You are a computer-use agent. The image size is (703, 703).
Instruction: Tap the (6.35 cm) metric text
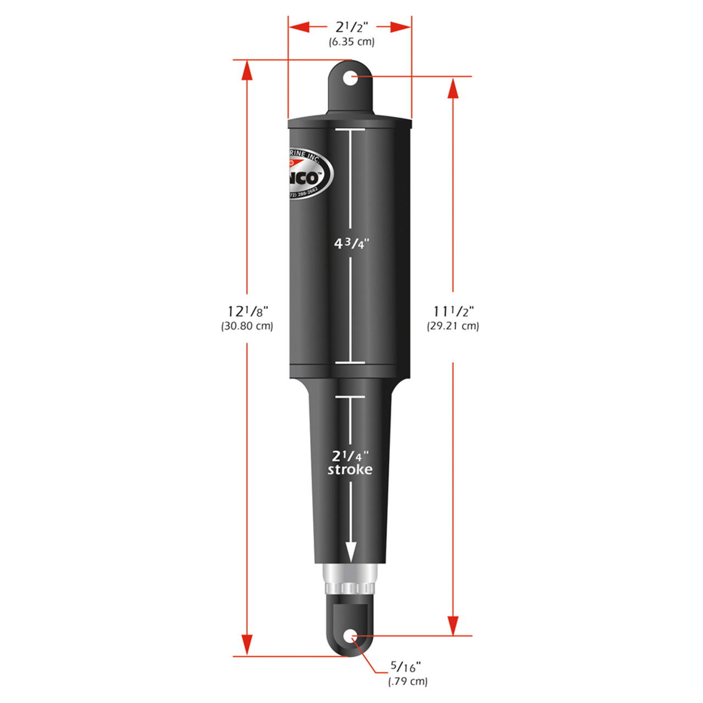pyautogui.click(x=351, y=42)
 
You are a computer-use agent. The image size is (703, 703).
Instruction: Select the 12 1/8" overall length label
pyautogui.click(x=247, y=311)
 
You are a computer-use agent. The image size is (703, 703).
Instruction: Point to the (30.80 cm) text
pyautogui.click(x=247, y=326)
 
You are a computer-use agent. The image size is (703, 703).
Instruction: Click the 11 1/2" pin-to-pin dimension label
pyautogui.click(x=453, y=311)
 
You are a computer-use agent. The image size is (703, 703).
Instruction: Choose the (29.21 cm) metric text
pyautogui.click(x=453, y=326)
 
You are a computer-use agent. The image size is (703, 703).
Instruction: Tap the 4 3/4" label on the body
pyautogui.click(x=351, y=243)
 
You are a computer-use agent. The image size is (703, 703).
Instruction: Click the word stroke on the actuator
pyautogui.click(x=350, y=470)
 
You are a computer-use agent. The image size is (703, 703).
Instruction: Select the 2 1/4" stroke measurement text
pyautogui.click(x=350, y=456)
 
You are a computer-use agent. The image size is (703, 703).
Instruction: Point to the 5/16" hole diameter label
pyautogui.click(x=405, y=667)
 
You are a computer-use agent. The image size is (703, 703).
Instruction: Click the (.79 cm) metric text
pyautogui.click(x=408, y=682)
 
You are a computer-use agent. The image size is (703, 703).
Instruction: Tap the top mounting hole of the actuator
pyautogui.click(x=350, y=77)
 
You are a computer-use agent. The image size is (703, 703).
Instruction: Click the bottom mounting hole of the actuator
pyautogui.click(x=350, y=637)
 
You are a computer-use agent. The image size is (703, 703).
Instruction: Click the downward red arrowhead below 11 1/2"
pyautogui.click(x=453, y=625)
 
